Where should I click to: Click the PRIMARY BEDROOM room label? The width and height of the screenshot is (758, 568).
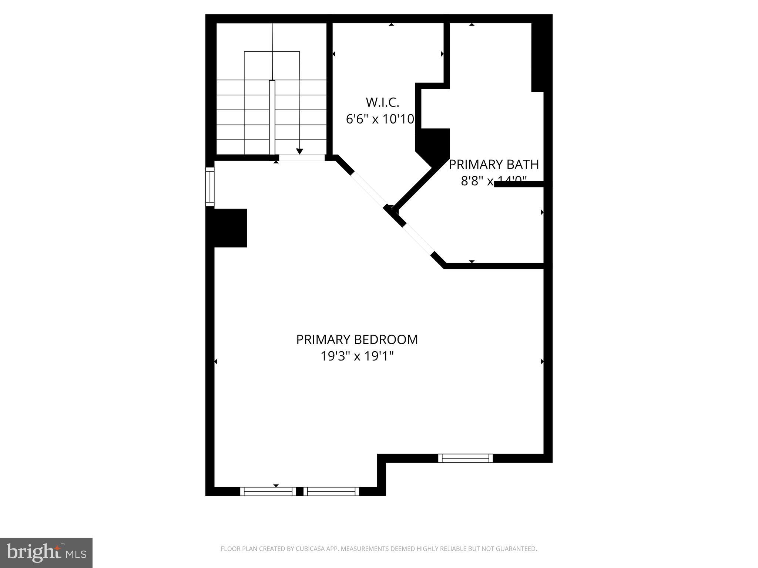pos(357,339)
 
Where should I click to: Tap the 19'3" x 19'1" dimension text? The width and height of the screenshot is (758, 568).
pos(357,356)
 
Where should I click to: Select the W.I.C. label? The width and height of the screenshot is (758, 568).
pos(382,102)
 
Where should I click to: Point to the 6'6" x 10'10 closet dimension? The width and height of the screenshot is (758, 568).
pos(380,119)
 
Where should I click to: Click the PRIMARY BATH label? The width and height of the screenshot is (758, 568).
pos(494,164)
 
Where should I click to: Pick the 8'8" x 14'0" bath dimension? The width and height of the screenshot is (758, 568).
pos(493,181)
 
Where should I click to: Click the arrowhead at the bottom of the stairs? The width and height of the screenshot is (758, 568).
pos(299,151)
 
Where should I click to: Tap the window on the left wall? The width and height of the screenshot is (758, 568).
pos(210,187)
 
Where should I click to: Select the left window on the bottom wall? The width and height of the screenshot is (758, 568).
pos(268,491)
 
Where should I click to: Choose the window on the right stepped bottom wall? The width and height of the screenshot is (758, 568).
pos(465,458)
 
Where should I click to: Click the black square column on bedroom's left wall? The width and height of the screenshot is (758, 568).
pos(230,228)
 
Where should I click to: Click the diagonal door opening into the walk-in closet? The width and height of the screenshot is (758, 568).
pos(369,189)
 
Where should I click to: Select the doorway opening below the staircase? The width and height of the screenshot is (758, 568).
pos(302,158)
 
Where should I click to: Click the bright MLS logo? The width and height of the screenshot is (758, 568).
pos(46,552)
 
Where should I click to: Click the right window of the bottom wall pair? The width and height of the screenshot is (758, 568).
pos(331,491)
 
